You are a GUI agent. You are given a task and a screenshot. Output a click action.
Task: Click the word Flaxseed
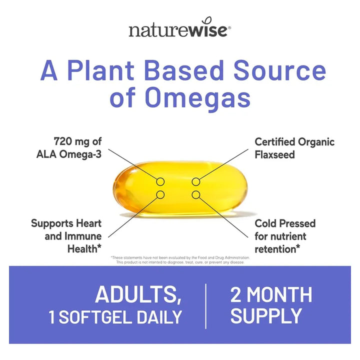coord(275,154)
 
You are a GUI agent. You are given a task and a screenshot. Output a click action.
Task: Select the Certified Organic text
coord(294,141)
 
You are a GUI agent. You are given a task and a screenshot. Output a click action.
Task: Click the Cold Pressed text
coord(285,223)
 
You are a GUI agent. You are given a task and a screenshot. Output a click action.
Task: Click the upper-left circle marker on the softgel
coord(161,181)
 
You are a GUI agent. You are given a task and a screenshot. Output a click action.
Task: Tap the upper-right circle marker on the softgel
coord(196,181)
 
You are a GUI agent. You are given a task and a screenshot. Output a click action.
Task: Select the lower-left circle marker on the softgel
coord(161,194)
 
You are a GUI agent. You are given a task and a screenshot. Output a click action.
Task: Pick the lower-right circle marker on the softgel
coord(196,194)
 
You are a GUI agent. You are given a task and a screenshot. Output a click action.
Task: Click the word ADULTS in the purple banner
coord(138,294)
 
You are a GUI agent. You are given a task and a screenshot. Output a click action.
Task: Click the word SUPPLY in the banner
coord(266,316)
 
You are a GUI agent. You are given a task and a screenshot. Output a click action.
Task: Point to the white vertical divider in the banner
coord(206,305)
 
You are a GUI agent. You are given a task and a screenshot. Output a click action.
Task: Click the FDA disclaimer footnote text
coord(180,259)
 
